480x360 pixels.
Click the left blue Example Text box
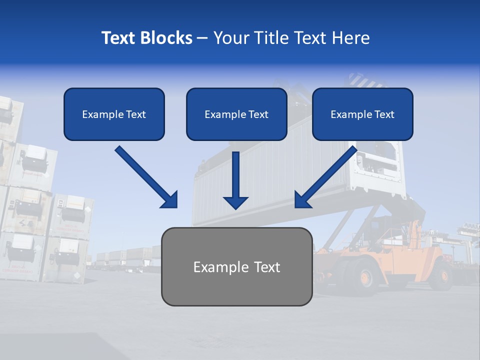tap(114, 114)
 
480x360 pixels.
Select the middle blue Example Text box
tap(236, 114)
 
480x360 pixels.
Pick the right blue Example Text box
tap(362, 114)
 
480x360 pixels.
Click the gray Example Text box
tap(236, 267)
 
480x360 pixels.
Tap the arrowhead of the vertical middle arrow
tap(235, 202)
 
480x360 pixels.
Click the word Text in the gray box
tap(264, 267)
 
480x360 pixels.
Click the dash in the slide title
tap(202, 38)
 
